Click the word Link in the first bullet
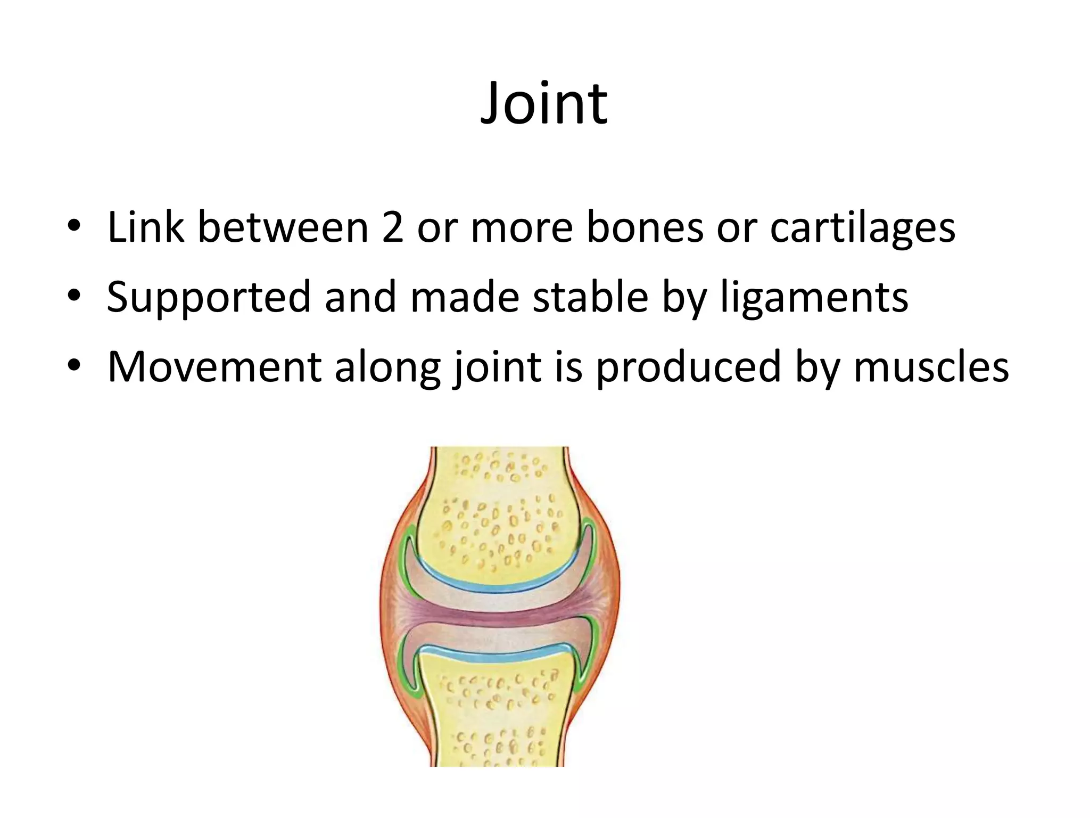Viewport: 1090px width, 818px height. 145,227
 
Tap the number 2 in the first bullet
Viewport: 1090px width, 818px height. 392,227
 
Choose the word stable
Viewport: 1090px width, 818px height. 590,297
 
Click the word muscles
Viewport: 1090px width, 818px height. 931,367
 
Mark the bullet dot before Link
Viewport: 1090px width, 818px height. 74,228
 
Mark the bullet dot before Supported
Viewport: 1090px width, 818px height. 74,297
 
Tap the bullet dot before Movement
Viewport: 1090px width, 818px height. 74,367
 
